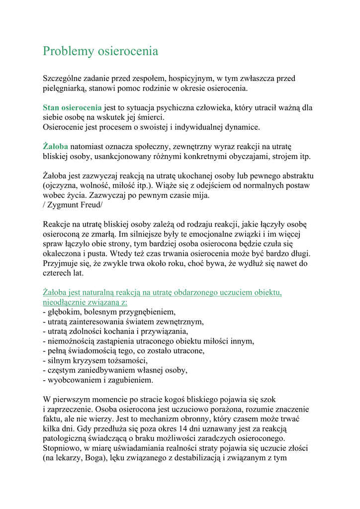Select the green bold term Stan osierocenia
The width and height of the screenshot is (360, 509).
(x=72, y=107)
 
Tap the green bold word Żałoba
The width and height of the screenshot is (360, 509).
(x=55, y=147)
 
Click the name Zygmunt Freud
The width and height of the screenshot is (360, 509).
(x=75, y=205)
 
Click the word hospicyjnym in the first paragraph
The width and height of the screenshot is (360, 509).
(x=191, y=79)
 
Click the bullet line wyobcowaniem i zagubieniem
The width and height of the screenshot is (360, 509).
(x=98, y=380)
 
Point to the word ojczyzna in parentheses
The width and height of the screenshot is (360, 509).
(x=63, y=186)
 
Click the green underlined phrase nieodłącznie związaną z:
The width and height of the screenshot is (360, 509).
(x=85, y=302)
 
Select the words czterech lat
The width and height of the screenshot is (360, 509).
(x=63, y=273)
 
